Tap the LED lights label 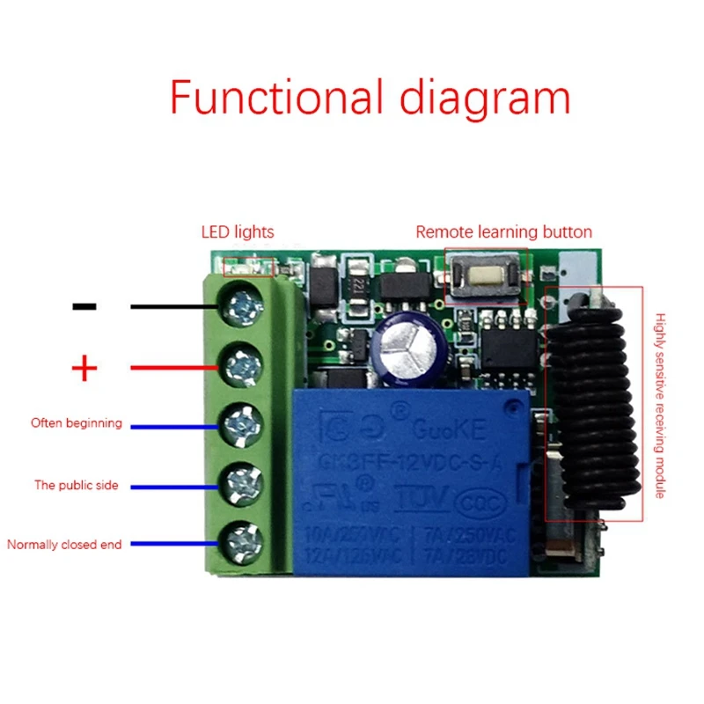click(x=238, y=232)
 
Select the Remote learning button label click(x=503, y=232)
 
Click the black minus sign click(x=84, y=306)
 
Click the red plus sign click(x=84, y=368)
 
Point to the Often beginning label click(x=77, y=423)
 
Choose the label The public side click(x=77, y=485)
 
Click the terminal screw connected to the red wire click(x=244, y=363)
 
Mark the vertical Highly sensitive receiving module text click(x=659, y=406)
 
